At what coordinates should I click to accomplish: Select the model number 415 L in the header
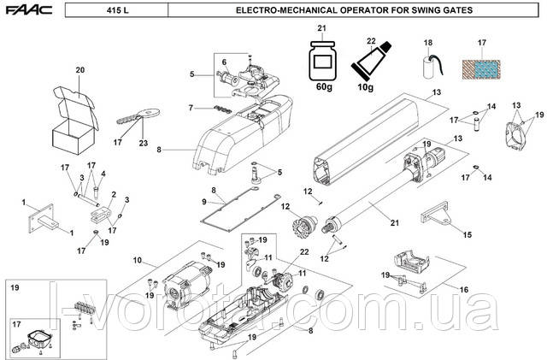click(121, 10)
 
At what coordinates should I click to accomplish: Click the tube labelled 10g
click(370, 61)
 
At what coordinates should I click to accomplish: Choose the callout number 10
click(137, 259)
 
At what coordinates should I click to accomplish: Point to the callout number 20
click(81, 69)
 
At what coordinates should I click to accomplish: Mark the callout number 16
click(465, 290)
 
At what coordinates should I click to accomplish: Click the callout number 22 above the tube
click(372, 39)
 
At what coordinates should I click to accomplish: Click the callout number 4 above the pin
click(103, 174)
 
